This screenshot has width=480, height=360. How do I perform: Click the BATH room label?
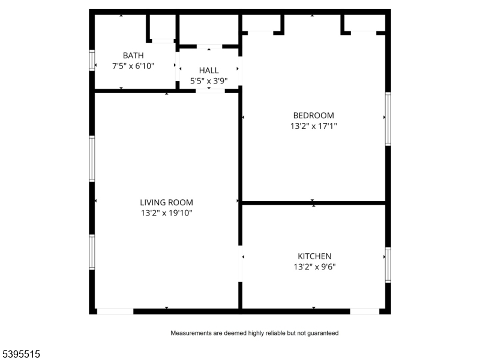pos(133,55)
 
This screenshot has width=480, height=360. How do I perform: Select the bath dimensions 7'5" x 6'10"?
pos(133,66)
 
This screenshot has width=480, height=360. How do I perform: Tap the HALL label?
pos(209,70)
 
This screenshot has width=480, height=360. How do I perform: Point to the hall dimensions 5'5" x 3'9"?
pos(209,81)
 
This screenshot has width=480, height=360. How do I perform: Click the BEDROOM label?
pos(313,115)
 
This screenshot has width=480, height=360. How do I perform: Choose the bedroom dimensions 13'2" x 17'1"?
pos(313,127)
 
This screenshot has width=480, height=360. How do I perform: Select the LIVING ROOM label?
pos(166,202)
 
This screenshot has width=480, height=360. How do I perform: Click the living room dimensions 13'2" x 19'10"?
pos(166,213)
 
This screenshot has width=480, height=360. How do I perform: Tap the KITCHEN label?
pos(314,256)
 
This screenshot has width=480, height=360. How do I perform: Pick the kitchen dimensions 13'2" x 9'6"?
pos(314,267)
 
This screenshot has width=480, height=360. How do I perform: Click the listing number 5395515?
pos(21,355)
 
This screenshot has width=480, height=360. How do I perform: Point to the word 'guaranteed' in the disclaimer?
pos(322,333)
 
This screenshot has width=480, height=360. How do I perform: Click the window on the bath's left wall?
pos(92,60)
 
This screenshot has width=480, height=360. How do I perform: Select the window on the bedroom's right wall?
pos(388,119)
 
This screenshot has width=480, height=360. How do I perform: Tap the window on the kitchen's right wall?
pos(388,265)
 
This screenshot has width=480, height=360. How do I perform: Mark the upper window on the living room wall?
pos(92,158)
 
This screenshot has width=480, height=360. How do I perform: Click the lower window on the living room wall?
pos(92,251)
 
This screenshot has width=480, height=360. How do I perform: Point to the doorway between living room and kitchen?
pos(241,263)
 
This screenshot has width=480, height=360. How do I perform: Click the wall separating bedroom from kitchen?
pos(313,203)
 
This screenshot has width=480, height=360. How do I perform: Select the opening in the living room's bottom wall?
pos(115,311)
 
